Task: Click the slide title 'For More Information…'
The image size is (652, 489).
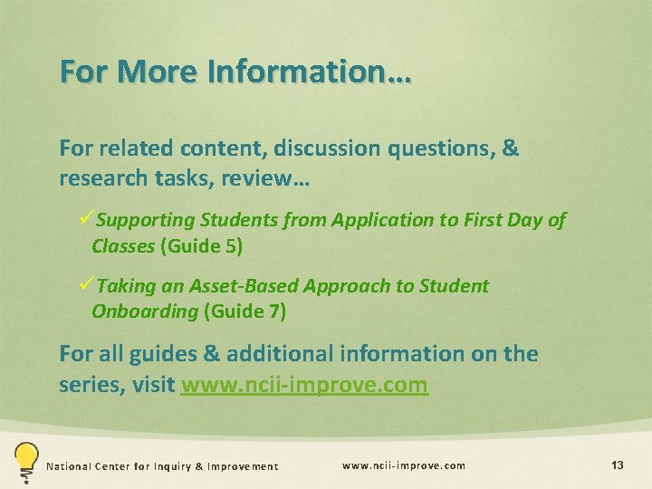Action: point(235,72)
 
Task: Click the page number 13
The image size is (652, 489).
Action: point(618,465)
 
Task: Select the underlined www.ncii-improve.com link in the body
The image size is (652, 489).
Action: point(304,385)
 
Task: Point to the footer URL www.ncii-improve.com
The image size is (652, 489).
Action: point(404,465)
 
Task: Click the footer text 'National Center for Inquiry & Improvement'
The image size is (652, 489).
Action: point(163,466)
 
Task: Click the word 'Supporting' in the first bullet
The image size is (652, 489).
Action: point(146,219)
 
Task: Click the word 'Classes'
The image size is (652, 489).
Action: point(122,245)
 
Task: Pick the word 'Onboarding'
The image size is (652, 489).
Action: point(144,312)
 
